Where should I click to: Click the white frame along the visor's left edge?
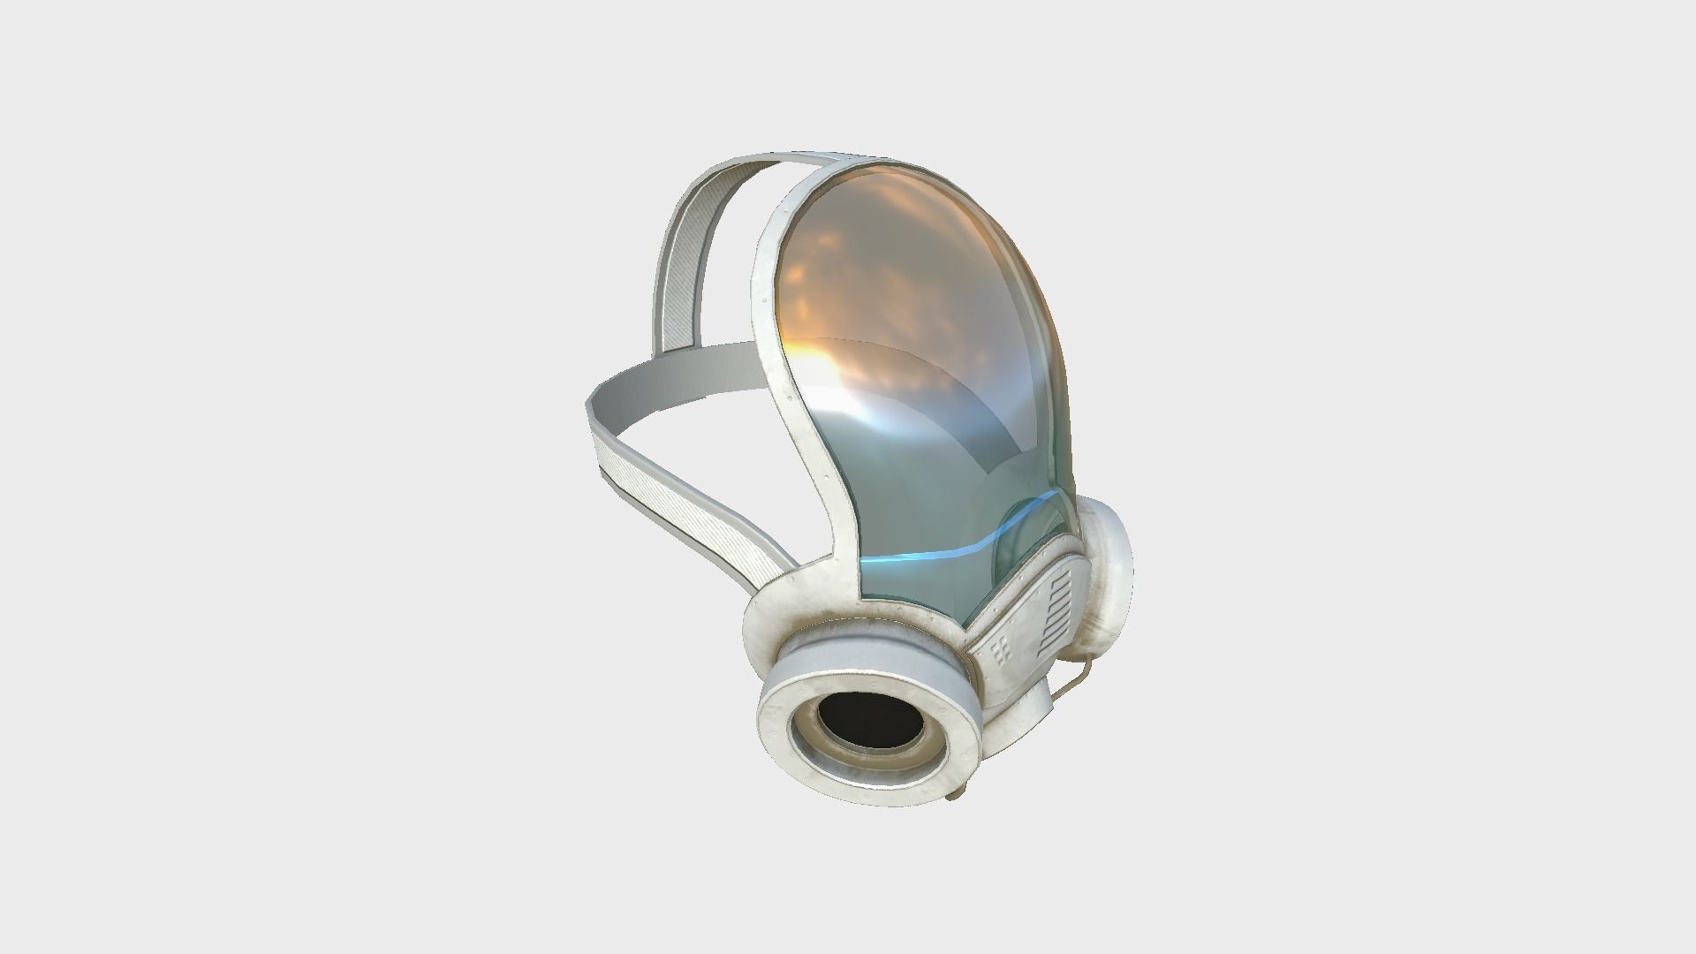[777, 353]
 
